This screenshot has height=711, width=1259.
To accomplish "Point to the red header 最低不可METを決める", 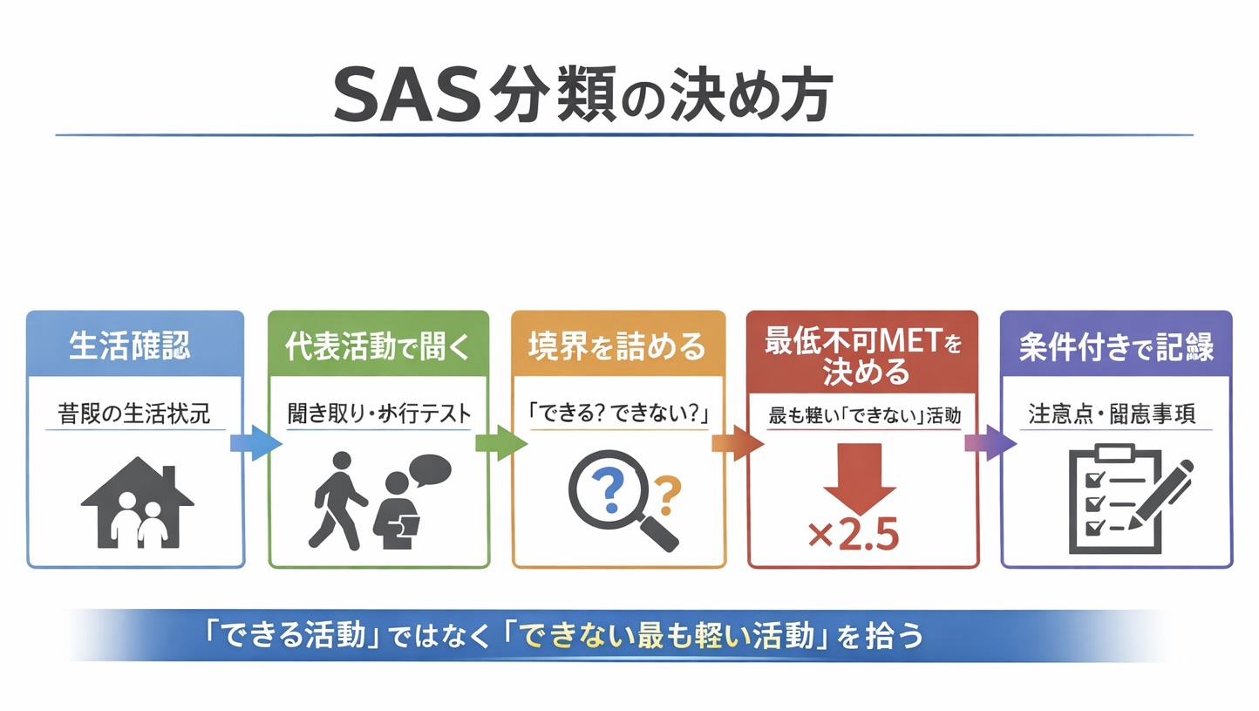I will (x=863, y=356).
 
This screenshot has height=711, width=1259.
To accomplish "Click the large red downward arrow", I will (x=860, y=479).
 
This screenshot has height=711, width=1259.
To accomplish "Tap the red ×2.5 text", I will (x=853, y=536).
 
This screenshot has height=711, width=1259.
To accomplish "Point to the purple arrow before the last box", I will (x=990, y=443).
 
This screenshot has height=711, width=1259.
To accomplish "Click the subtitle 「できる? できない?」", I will (x=618, y=413).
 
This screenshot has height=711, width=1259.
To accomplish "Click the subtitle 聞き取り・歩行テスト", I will (x=378, y=413).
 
